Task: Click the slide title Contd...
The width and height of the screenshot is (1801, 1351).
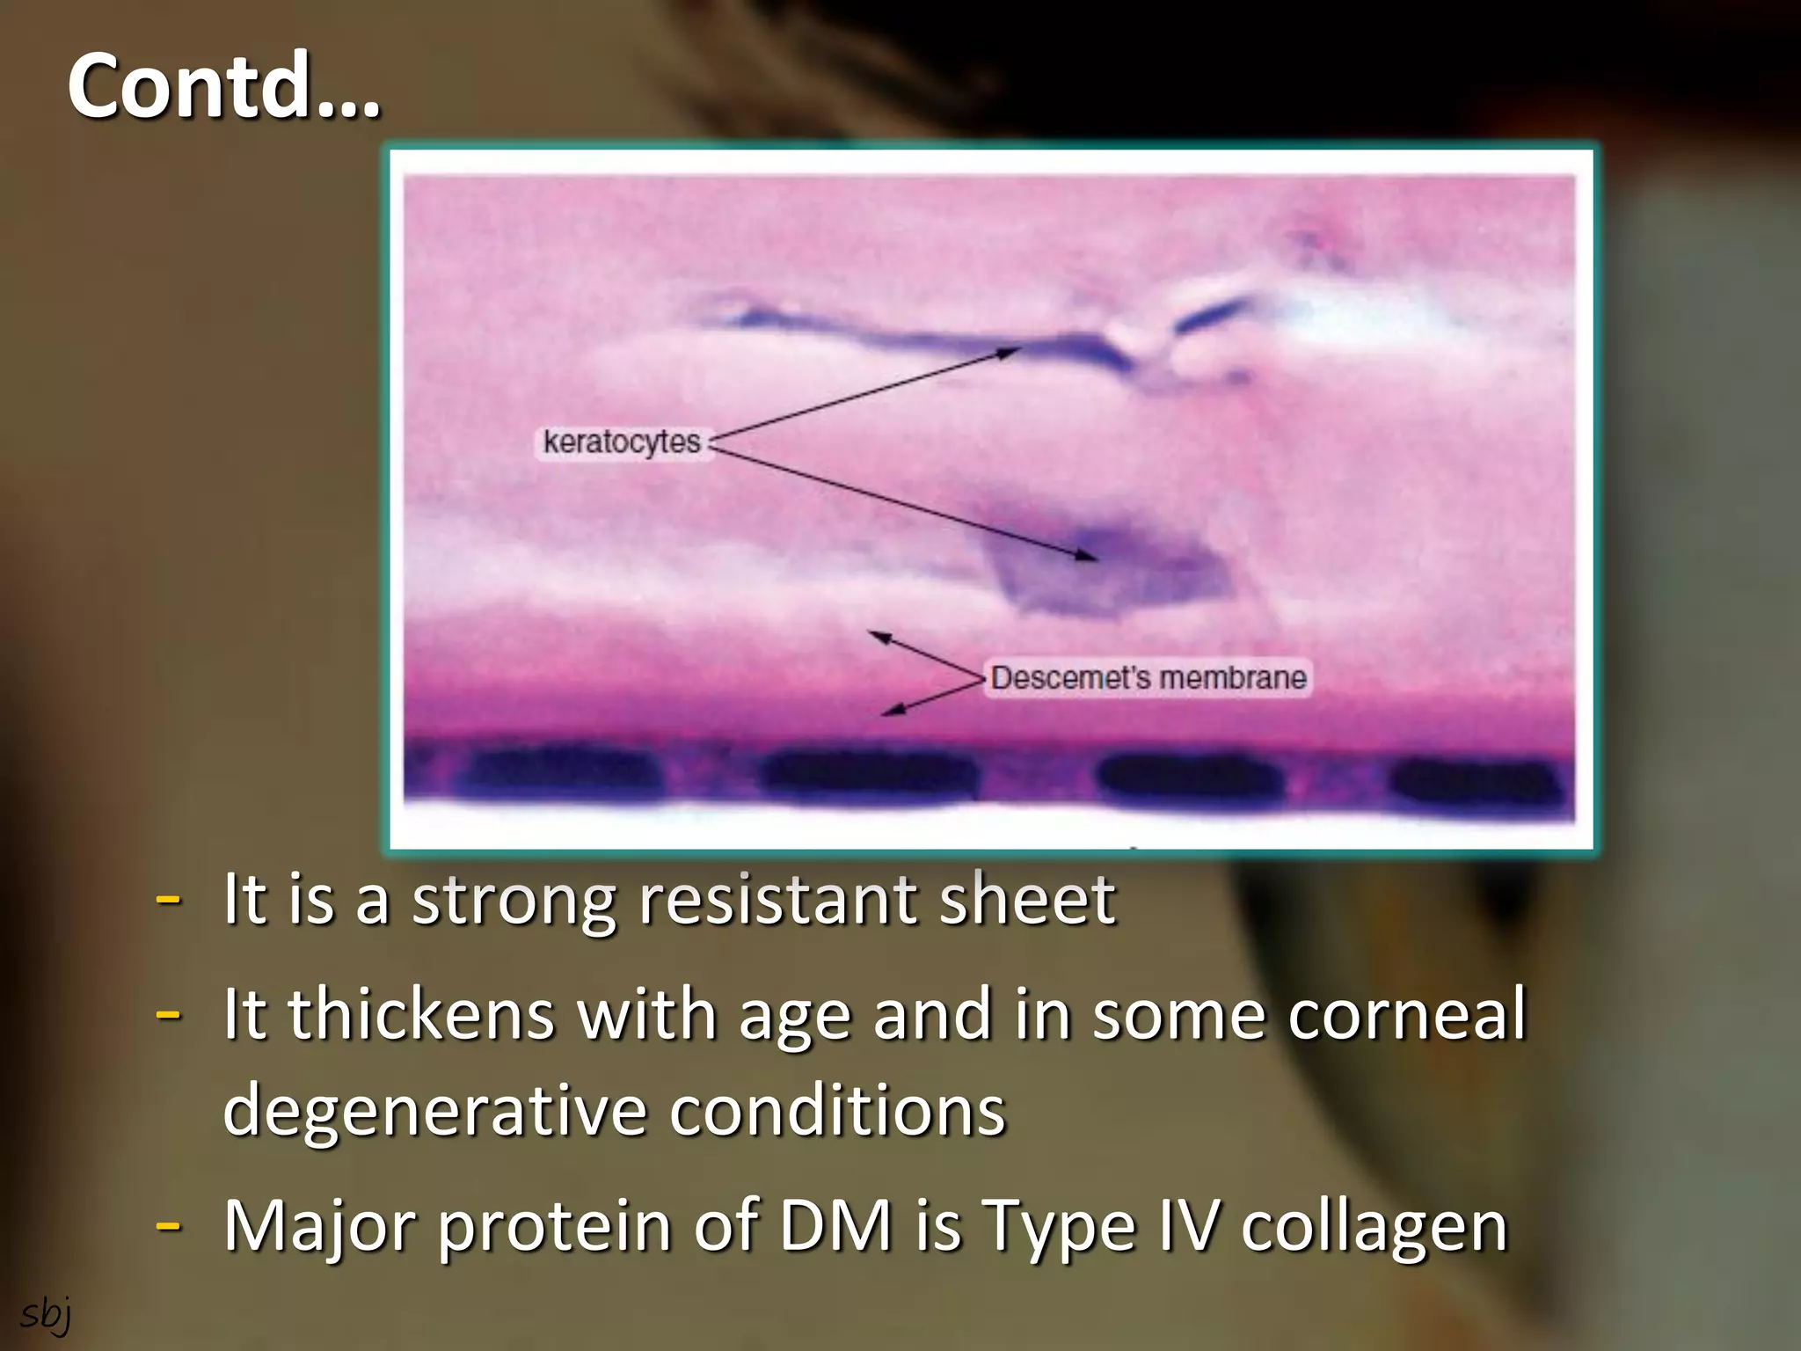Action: [x=224, y=86]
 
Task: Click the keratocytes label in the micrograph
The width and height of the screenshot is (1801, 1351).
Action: [x=622, y=442]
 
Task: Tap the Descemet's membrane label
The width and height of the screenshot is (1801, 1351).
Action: [x=1148, y=678]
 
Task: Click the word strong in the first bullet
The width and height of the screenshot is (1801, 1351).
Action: [x=515, y=901]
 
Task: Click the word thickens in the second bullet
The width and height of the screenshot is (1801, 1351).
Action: [x=421, y=1014]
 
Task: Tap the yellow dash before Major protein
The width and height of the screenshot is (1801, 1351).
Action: [x=168, y=1224]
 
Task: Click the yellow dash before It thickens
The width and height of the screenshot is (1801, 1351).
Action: [x=168, y=1014]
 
